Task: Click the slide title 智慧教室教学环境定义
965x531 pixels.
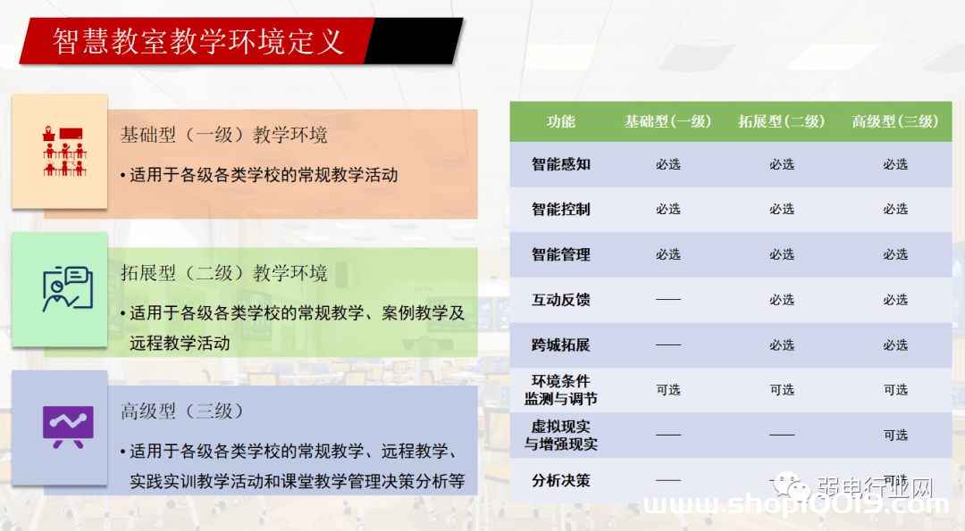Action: (x=198, y=41)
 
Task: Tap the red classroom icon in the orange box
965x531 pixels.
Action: (x=64, y=151)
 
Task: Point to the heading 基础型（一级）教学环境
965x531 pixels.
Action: (x=224, y=135)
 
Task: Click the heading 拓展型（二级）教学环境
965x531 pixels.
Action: (x=224, y=273)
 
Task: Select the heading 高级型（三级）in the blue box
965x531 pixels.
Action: (x=182, y=411)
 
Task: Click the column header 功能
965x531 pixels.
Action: (x=560, y=121)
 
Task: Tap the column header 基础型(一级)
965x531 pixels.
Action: (x=667, y=121)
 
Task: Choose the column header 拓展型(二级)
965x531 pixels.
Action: (x=782, y=121)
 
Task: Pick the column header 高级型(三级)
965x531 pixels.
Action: (x=895, y=121)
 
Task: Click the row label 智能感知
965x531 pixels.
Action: (x=560, y=164)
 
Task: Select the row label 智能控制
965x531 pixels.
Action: (x=560, y=210)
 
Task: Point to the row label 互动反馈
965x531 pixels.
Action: (x=560, y=300)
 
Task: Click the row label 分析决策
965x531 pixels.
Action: (x=560, y=481)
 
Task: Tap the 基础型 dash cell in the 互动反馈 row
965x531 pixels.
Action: (x=668, y=300)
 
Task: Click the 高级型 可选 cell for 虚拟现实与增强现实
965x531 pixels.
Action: (x=895, y=436)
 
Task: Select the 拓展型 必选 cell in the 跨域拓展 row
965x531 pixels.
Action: (x=782, y=344)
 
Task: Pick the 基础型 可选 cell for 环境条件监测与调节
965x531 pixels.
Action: (x=668, y=390)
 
